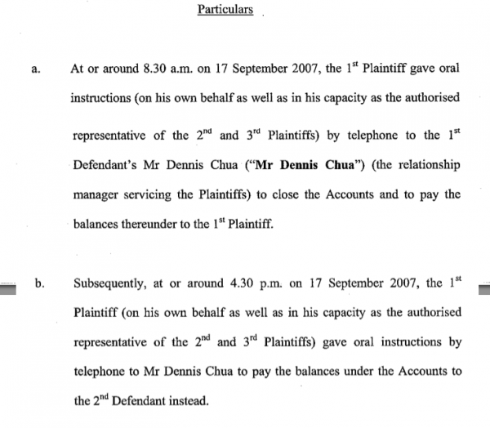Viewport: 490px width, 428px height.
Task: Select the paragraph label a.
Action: [x=34, y=69]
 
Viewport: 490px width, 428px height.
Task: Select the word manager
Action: [x=96, y=194]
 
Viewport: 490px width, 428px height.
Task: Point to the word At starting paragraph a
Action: [x=79, y=69]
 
